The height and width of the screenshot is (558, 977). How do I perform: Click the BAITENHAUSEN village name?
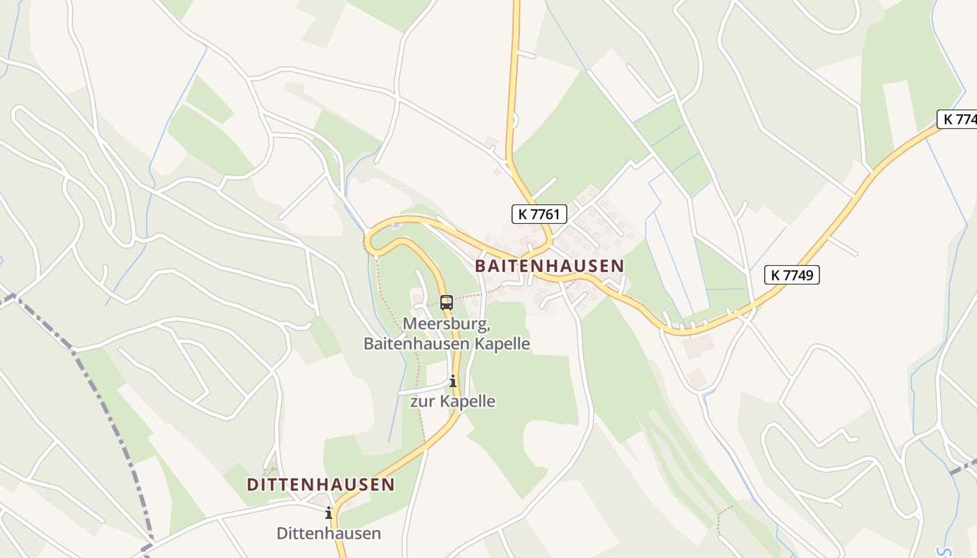pos(549,266)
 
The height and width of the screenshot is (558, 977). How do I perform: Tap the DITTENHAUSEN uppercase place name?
pos(320,484)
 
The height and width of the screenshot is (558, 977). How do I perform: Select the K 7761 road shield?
pos(539,214)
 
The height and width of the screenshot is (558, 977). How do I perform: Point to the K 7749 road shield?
pos(792,275)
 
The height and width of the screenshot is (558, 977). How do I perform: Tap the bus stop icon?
pos(447,303)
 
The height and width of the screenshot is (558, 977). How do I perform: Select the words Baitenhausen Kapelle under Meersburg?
pos(446,344)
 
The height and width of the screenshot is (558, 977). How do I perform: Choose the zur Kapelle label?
pos(452,401)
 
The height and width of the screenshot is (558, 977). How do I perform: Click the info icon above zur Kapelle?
pos(453,381)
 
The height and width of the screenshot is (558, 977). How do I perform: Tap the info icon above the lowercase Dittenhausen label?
pos(329,513)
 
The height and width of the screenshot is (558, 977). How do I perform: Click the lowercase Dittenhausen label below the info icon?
pos(329,534)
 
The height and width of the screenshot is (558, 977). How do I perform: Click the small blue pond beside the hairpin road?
pos(396,226)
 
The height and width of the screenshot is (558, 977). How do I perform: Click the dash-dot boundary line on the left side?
pos(105,405)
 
